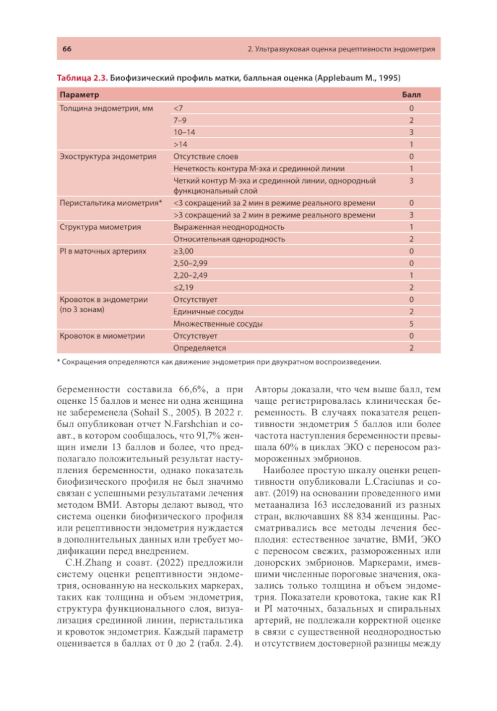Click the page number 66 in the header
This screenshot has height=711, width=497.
(67, 49)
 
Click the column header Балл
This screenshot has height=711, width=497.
(411, 94)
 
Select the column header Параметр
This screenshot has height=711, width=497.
(80, 94)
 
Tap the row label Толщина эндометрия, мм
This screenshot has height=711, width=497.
(106, 108)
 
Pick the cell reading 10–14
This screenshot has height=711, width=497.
(184, 132)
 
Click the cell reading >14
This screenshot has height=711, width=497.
(180, 144)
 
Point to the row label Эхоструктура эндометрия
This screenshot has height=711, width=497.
(108, 156)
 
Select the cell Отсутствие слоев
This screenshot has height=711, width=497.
(205, 156)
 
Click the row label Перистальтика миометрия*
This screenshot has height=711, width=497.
(111, 203)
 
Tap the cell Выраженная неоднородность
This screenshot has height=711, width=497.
(229, 227)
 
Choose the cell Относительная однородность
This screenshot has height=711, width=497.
(229, 239)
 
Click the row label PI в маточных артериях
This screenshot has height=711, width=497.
(103, 251)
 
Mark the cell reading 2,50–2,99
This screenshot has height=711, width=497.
(190, 263)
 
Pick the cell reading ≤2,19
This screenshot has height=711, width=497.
(183, 287)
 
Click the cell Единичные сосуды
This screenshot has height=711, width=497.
(208, 312)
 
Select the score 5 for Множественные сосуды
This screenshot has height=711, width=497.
(412, 324)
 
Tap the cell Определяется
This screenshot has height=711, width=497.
(199, 348)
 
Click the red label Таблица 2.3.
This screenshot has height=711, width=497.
(82, 78)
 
